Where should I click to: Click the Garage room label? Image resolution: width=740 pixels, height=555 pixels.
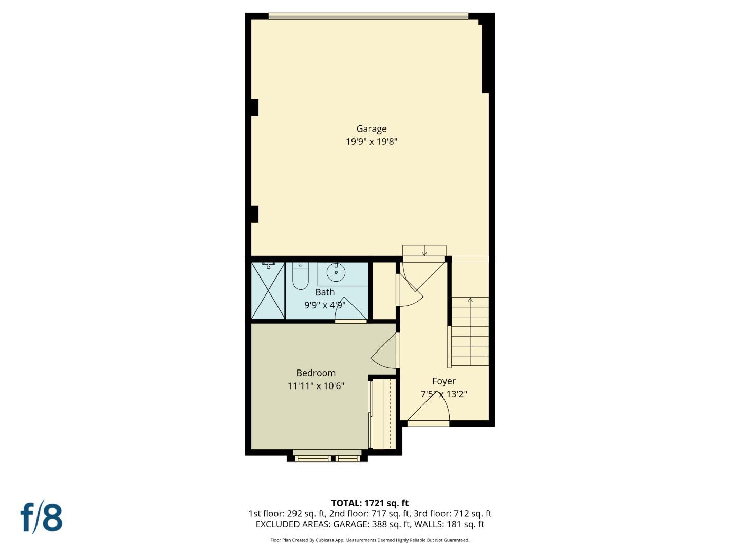[371, 129]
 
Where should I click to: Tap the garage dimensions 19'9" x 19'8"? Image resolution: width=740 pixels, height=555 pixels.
[371, 142]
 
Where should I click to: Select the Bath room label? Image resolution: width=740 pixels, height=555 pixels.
[325, 292]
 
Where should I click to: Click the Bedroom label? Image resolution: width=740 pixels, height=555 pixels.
[316, 373]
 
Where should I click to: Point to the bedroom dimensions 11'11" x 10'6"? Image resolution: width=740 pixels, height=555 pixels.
[316, 386]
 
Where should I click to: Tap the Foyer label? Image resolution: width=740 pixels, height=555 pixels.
[443, 381]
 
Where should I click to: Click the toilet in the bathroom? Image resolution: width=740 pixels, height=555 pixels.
[300, 276]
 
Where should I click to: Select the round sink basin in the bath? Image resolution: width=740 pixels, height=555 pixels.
[336, 271]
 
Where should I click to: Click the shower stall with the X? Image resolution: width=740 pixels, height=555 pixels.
[268, 290]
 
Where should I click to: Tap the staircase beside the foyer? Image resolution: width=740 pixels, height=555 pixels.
[470, 332]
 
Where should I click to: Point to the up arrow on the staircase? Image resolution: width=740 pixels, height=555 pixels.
[470, 301]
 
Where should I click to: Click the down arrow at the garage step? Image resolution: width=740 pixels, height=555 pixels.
[424, 252]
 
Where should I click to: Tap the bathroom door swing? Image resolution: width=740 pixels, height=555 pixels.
[349, 310]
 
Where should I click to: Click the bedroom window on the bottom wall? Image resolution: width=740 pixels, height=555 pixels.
[327, 457]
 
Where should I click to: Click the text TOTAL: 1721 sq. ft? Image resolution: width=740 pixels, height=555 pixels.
[369, 503]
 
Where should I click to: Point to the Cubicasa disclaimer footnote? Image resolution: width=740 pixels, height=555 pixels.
[369, 540]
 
